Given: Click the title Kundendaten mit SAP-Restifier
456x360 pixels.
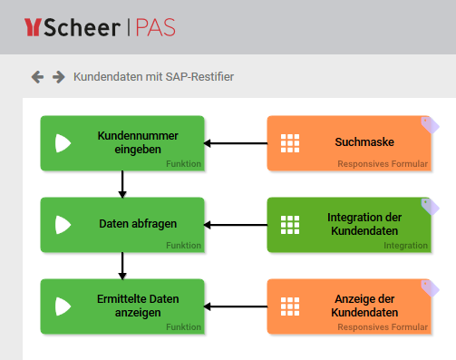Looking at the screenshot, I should click(x=153, y=77).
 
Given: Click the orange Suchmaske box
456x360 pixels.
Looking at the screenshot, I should click(x=348, y=143).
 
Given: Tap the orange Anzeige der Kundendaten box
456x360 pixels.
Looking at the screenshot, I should click(x=348, y=306).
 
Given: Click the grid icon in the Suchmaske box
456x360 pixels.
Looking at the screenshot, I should click(x=289, y=143).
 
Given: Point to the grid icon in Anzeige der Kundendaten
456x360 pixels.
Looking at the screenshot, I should click(x=289, y=306).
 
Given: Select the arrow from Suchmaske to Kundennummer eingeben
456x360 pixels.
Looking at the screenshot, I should click(x=236, y=143).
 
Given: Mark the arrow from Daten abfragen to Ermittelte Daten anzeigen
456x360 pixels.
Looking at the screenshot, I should click(x=122, y=266).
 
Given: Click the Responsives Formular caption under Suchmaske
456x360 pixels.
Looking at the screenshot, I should click(x=382, y=164).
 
